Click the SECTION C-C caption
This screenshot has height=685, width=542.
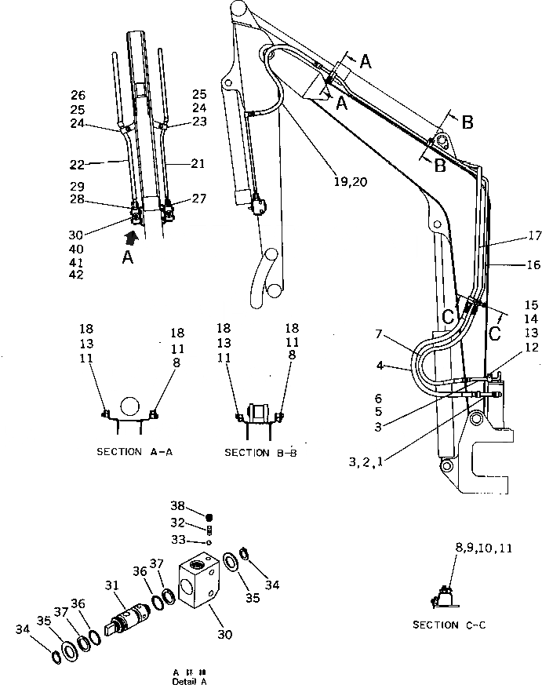point(447,625)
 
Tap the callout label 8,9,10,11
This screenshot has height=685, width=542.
point(483,549)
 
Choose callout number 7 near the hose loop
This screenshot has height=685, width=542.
point(379,334)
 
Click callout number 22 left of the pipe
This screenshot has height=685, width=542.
point(76,164)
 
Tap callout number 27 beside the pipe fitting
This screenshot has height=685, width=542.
point(199,199)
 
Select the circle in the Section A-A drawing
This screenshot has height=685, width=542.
point(129,406)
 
